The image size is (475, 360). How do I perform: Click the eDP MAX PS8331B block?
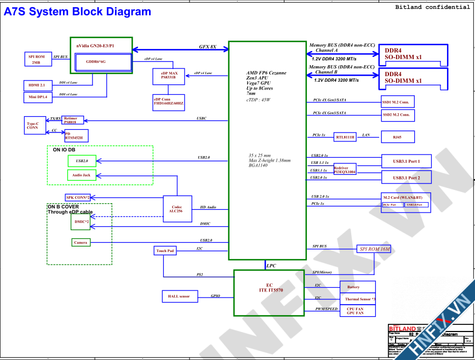point(169,76)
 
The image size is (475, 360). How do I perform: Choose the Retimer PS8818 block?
point(71,121)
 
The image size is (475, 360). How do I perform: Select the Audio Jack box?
point(82,175)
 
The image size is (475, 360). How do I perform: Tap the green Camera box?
point(81,242)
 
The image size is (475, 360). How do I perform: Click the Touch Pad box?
point(165,251)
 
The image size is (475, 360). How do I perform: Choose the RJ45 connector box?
point(398,136)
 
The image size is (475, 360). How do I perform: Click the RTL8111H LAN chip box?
point(345,136)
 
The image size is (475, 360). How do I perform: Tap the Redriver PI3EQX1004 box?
point(345,170)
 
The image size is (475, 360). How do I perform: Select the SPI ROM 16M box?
point(375,249)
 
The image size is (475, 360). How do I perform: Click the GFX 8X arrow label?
point(207,47)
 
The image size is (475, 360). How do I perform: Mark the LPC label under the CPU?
point(271,266)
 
